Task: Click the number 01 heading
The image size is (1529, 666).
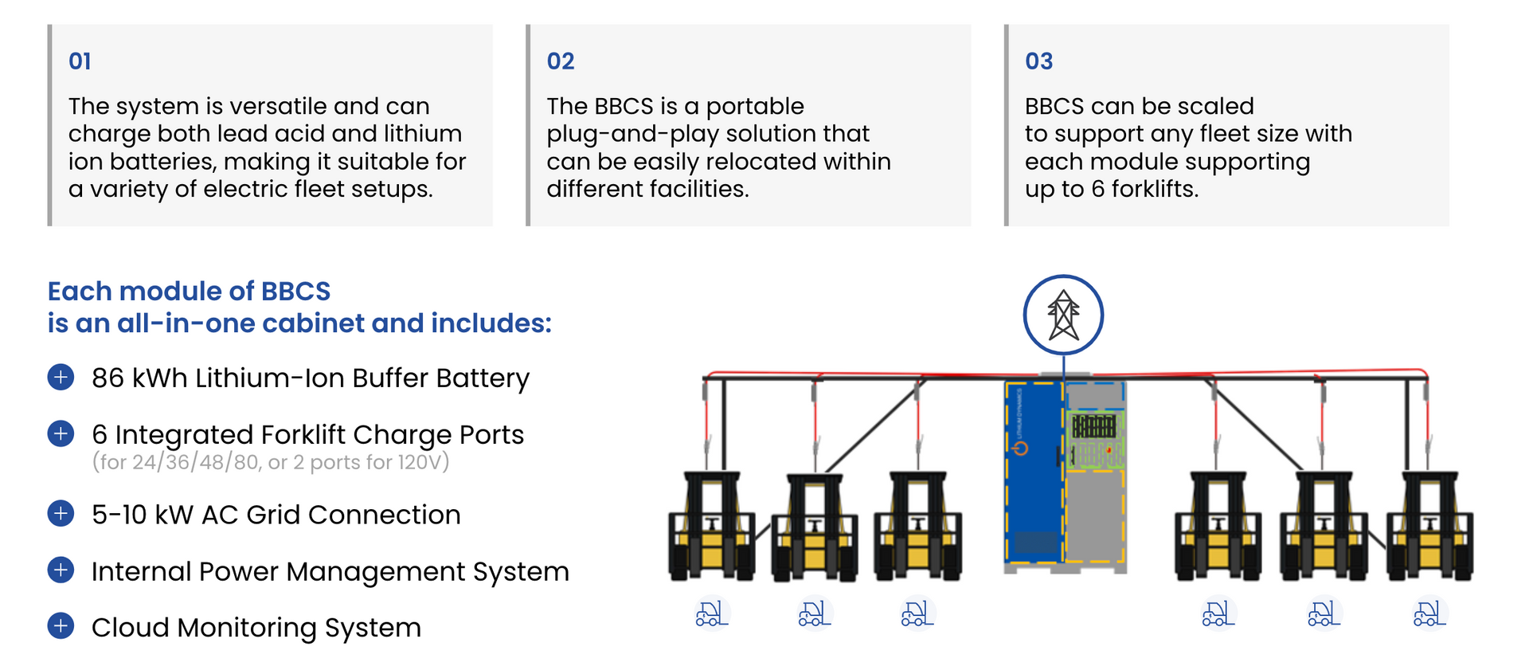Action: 80,61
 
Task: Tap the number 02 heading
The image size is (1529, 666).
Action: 561,61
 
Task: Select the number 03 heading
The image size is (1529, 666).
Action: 1039,61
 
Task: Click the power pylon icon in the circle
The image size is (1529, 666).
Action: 1063,315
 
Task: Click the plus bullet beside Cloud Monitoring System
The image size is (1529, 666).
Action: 61,626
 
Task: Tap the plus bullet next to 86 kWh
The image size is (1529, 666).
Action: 61,377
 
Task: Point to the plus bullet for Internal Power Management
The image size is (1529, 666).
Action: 61,570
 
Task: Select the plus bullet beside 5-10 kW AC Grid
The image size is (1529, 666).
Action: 61,514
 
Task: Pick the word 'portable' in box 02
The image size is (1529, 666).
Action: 755,107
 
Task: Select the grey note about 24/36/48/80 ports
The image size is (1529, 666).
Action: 271,462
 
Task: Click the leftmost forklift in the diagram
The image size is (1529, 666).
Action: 712,526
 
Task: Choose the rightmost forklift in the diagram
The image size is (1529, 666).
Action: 1430,526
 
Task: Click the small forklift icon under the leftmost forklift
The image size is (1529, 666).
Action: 711,613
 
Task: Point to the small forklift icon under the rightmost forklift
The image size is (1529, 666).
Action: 1429,613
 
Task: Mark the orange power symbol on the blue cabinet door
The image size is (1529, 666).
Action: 1020,449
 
